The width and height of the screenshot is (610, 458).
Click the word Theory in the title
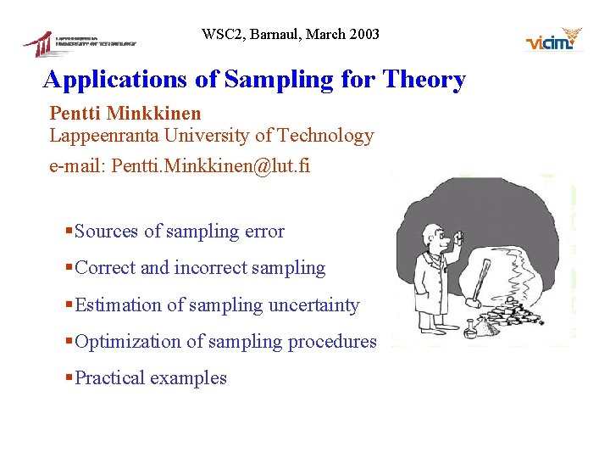coord(424,80)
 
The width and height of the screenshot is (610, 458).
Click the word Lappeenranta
coord(105,136)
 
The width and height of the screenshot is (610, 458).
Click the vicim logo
coord(555,40)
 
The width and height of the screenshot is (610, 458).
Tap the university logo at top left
coord(80,42)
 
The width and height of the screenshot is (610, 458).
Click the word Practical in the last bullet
coord(109,378)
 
